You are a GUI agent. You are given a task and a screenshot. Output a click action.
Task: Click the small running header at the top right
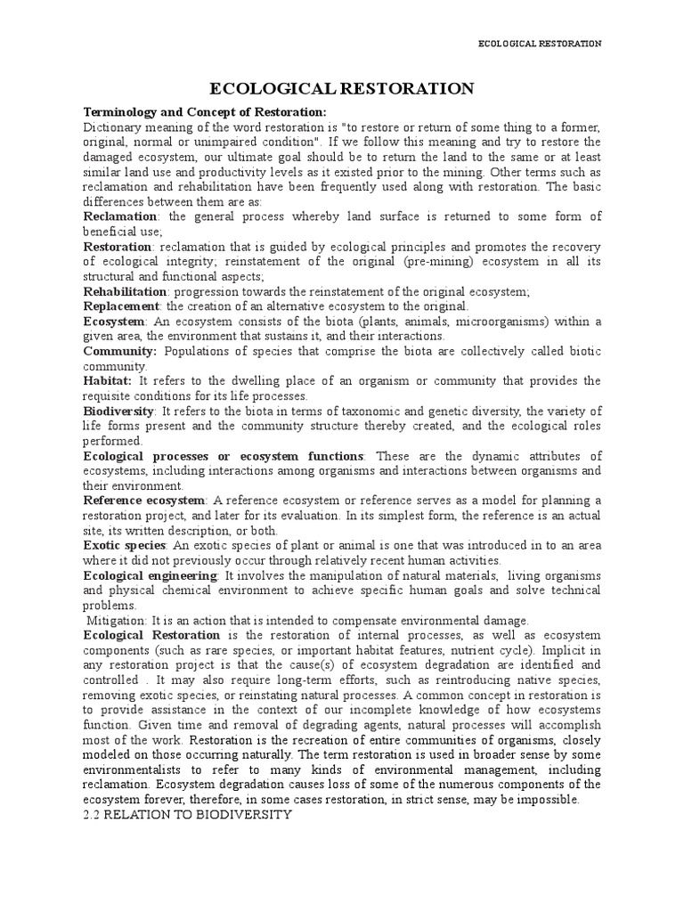click(540, 44)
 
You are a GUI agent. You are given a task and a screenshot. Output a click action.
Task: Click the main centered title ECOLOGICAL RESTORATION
click(341, 88)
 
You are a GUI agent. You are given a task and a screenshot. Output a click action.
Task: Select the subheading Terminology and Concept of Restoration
click(205, 112)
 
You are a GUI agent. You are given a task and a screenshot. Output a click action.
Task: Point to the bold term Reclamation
click(120, 216)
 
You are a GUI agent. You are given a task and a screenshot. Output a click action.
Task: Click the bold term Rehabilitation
click(125, 291)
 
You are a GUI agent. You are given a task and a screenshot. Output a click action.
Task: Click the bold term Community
click(119, 351)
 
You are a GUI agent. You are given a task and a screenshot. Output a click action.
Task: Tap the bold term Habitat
click(107, 381)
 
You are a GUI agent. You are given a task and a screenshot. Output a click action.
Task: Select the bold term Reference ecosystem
click(144, 501)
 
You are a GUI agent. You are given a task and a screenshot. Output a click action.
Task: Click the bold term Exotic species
click(125, 545)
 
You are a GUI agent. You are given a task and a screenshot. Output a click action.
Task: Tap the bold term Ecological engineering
click(150, 575)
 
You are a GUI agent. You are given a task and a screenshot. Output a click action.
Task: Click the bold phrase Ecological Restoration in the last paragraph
click(151, 635)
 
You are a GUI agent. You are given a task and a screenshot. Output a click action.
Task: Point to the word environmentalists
click(136, 769)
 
